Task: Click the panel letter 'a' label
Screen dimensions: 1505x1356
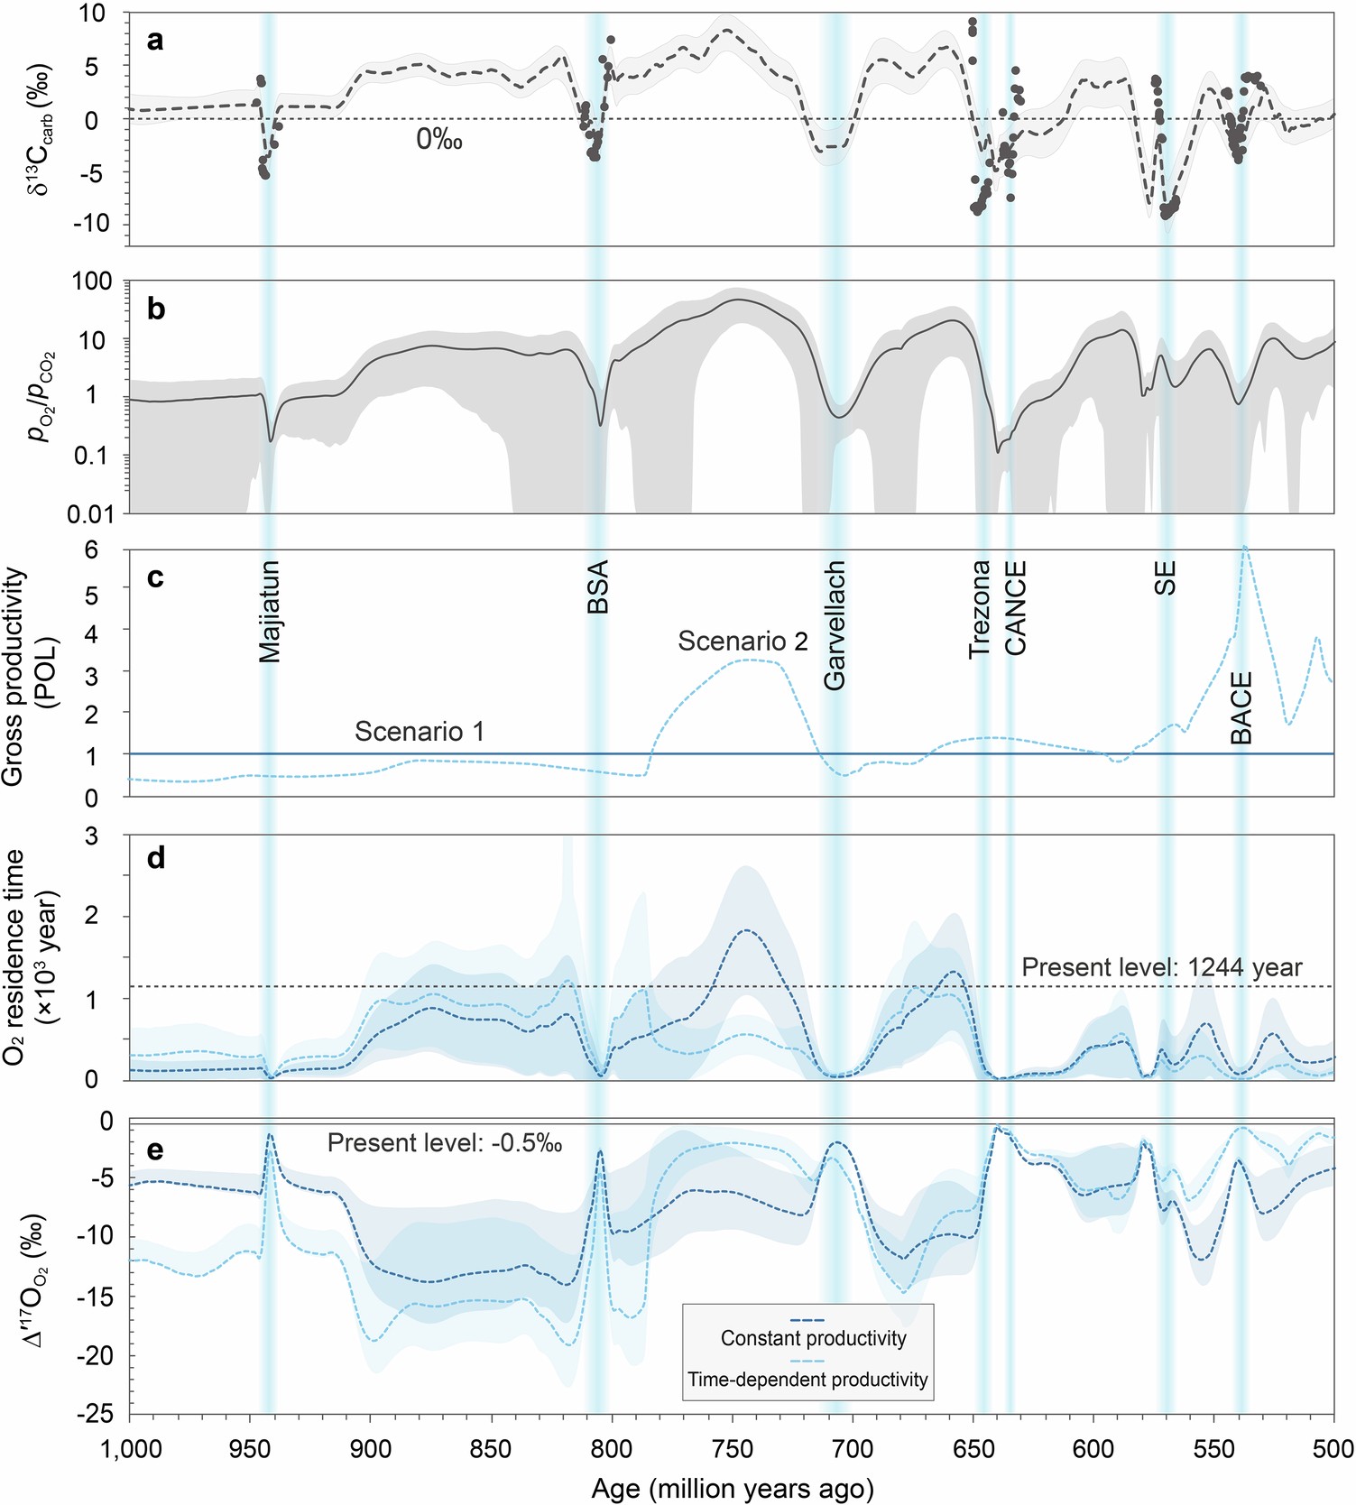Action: pyautogui.click(x=155, y=42)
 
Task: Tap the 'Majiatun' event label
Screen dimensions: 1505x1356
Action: pyautogui.click(x=270, y=612)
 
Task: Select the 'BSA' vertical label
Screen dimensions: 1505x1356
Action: pyautogui.click(x=598, y=587)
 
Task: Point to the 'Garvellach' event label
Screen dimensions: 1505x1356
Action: pyautogui.click(x=835, y=625)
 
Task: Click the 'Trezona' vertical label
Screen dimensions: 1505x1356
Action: pyautogui.click(x=980, y=609)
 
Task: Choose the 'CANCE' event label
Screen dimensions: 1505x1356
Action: pyautogui.click(x=1016, y=608)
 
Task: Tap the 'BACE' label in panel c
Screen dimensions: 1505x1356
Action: pyautogui.click(x=1242, y=708)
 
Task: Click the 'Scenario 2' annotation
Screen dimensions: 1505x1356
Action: pyautogui.click(x=743, y=641)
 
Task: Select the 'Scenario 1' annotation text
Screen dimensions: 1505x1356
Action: pyautogui.click(x=419, y=731)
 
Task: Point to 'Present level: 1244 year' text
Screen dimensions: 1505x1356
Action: pyautogui.click(x=1161, y=967)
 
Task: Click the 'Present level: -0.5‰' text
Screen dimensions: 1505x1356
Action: pyautogui.click(x=445, y=1143)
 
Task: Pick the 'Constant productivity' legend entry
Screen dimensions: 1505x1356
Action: pyautogui.click(x=813, y=1338)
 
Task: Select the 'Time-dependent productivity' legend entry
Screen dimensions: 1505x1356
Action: pyautogui.click(x=807, y=1380)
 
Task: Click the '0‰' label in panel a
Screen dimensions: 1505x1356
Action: pyautogui.click(x=439, y=139)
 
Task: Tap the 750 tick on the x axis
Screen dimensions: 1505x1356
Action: pyautogui.click(x=732, y=1449)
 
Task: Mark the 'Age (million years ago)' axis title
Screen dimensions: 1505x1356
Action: pyautogui.click(x=732, y=1488)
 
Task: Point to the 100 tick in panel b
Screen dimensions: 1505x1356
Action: pyautogui.click(x=92, y=282)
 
